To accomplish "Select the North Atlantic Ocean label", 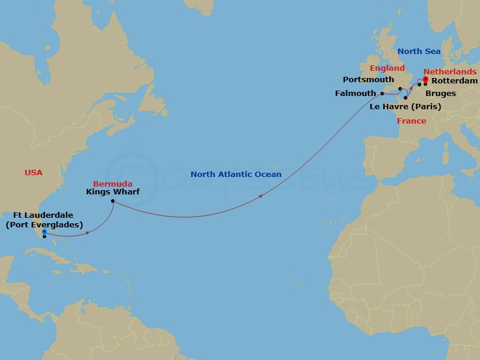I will coord(236,174).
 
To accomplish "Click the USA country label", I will coord(34,172).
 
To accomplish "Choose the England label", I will coord(387,68).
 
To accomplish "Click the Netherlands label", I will coord(450,71).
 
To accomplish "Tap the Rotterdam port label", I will coord(455,80).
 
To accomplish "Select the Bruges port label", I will coord(440,94).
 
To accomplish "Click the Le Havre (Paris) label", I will coord(406,107).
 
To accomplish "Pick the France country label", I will coord(412,121).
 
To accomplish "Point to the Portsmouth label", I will coord(368,79).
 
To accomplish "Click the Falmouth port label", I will coord(355,93).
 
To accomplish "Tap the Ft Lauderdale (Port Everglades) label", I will coord(44,220).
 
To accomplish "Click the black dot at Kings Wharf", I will coord(113,202).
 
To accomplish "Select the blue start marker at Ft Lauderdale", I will coord(44,232).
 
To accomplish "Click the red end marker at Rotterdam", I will coord(425,79).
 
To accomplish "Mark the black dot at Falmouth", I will coord(382,93).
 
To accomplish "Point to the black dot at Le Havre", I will coord(406,97).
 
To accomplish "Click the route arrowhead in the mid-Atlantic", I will coord(260,196).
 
